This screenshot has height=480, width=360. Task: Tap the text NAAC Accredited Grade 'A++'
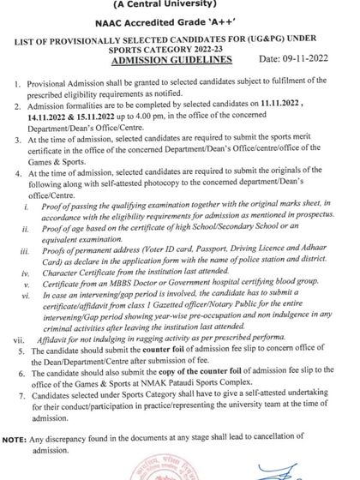172,26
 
